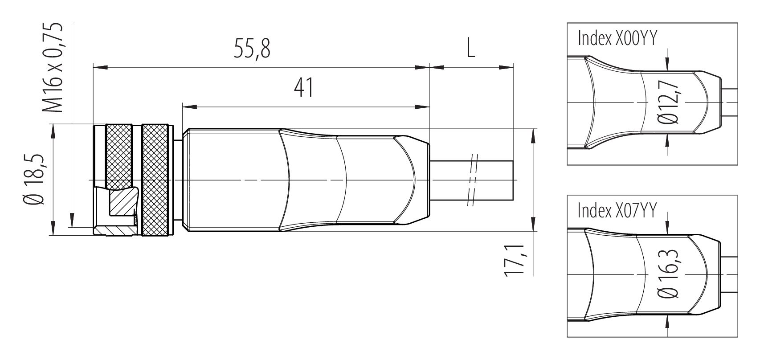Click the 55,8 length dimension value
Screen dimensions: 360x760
pyautogui.click(x=252, y=49)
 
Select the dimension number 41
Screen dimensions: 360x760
pyautogui.click(x=304, y=87)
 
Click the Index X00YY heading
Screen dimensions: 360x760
pyautogui.click(x=617, y=39)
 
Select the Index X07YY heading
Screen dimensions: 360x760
pyautogui.click(x=617, y=210)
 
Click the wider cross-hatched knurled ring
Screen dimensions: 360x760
pyautogui.click(x=156, y=180)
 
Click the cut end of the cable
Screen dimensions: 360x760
pyautogui.click(x=513, y=180)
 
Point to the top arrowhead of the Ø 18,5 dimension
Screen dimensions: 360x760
pyautogui.click(x=53, y=131)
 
